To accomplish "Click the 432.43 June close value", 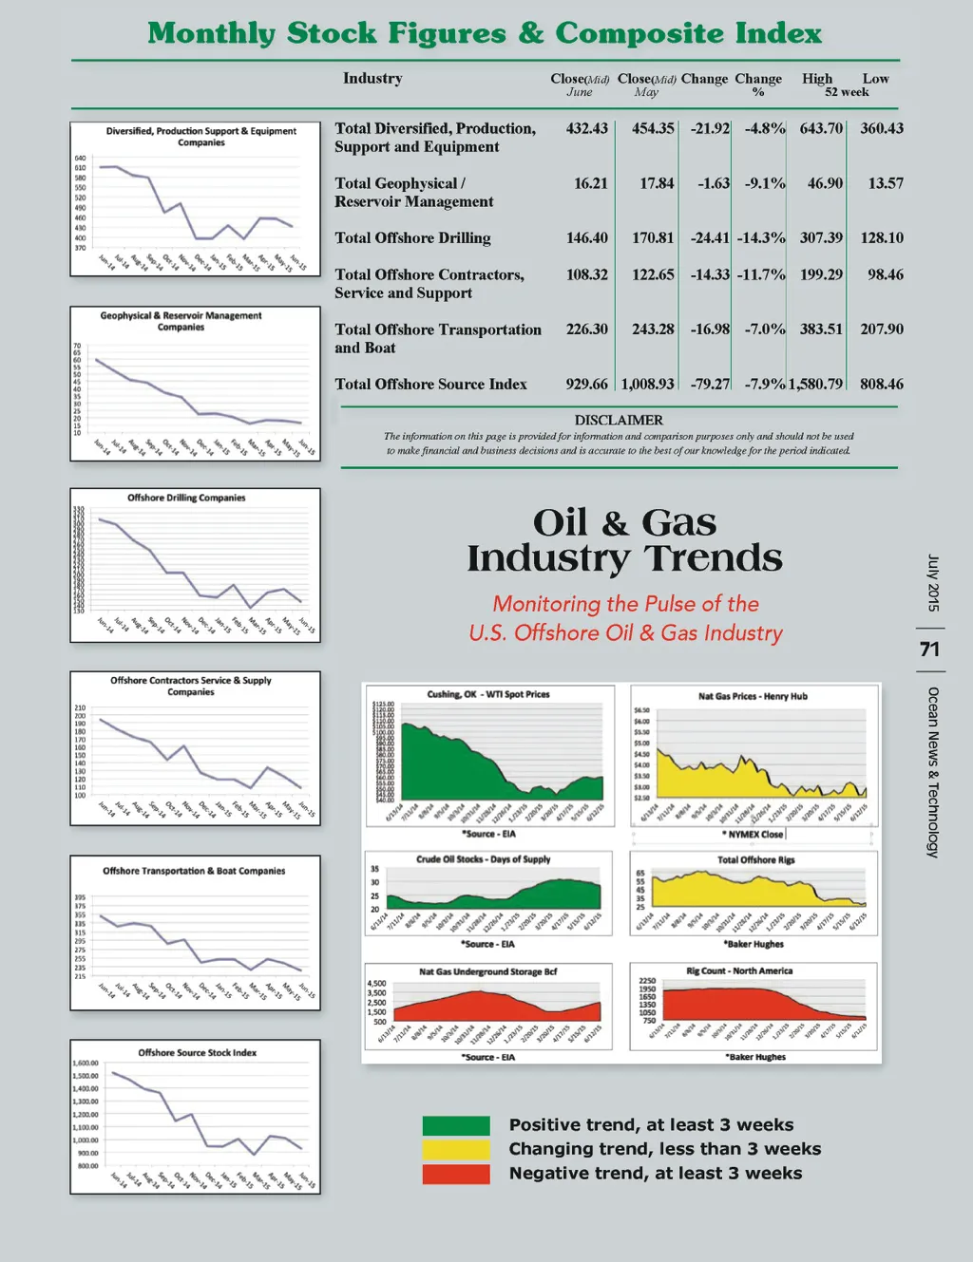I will coord(586,128).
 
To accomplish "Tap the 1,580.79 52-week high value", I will coord(815,385).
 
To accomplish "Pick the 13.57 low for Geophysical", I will coord(885,183).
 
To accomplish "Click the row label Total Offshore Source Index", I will coord(430,385).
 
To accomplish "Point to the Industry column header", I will coord(372,79).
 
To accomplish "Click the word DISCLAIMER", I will coord(619,420).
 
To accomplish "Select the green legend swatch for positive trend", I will coord(456,1125).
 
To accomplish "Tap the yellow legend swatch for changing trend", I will coord(456,1149).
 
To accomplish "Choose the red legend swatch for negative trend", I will coord(456,1174).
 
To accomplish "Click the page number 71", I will coord(929,650).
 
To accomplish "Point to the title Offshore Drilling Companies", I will coord(186,498).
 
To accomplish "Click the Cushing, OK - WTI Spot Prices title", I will coord(487,694).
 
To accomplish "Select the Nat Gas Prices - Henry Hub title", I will coord(753,696).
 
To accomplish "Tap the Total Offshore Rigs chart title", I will coord(755,860).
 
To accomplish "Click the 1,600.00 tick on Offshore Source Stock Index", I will coord(86,1064).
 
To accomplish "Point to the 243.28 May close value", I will coord(653,330).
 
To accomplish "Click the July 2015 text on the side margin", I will coord(933,583).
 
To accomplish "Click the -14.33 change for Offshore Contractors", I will coord(710,275).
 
